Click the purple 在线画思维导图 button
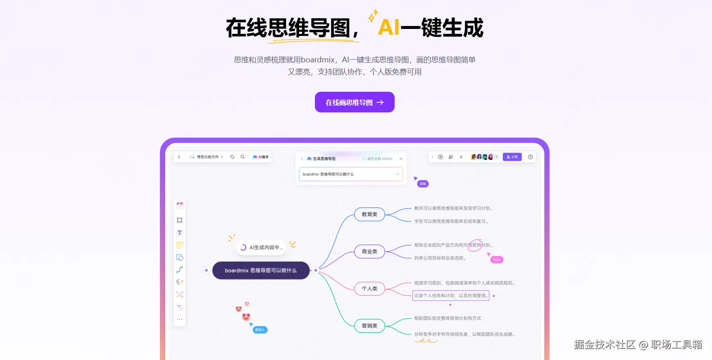tap(355, 102)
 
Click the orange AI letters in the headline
tap(388, 28)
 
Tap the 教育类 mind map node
tap(369, 215)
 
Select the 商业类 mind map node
tap(369, 251)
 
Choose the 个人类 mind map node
tap(369, 288)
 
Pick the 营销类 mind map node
tap(369, 326)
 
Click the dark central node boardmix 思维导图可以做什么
tap(261, 270)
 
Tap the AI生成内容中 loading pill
tap(262, 248)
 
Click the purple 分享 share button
tap(512, 157)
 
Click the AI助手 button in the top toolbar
tap(261, 157)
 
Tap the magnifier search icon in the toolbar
tap(243, 157)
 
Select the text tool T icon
tap(180, 233)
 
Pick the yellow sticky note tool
tap(180, 245)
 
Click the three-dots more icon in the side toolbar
tap(180, 319)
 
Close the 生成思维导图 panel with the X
tap(401, 159)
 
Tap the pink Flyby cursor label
tap(497, 260)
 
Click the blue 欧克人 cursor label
tap(260, 330)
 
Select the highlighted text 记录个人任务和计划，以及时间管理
tap(451, 296)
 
